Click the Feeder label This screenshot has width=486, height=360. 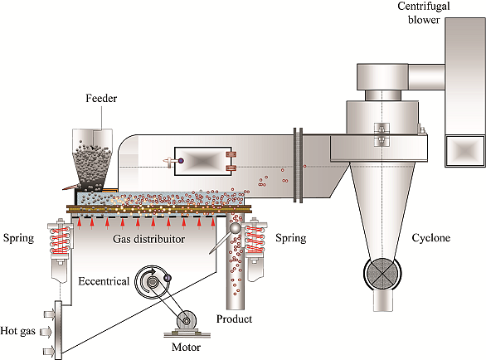[x=101, y=98]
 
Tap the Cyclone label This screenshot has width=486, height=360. [x=430, y=238]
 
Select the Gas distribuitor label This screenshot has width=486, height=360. [x=148, y=239]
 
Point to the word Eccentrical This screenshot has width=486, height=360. [x=104, y=281]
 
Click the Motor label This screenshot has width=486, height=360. [x=186, y=347]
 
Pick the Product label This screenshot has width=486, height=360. [x=234, y=319]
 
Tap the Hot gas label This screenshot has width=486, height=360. [x=17, y=331]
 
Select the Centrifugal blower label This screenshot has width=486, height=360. [x=424, y=13]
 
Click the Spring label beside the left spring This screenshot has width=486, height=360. [x=18, y=238]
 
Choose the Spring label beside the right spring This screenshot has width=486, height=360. [x=291, y=238]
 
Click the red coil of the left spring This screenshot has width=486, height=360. [x=61, y=241]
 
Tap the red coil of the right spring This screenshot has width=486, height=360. [x=255, y=239]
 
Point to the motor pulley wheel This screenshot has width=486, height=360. [x=187, y=321]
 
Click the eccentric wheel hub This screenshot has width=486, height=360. [x=152, y=282]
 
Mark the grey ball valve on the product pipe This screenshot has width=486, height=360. [x=235, y=229]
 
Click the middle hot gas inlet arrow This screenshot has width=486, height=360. [x=46, y=332]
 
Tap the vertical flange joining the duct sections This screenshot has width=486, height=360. [x=298, y=165]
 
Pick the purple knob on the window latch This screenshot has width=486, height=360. [x=181, y=161]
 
